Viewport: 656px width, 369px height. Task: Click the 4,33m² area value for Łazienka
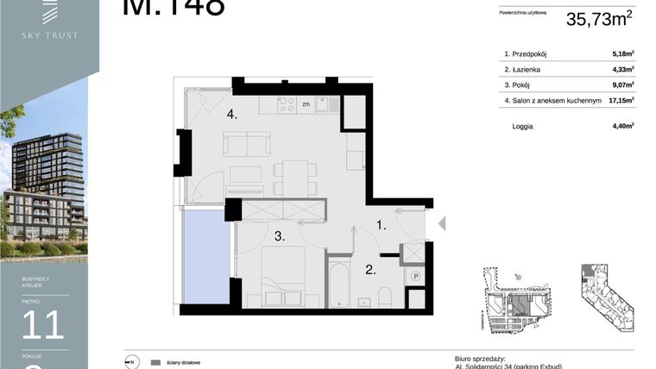point(622,70)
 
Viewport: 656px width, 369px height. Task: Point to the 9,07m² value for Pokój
point(622,85)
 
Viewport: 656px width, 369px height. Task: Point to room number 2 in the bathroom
point(370,270)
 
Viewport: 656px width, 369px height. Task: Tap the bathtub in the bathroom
point(339,281)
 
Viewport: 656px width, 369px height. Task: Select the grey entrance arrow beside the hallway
point(441,224)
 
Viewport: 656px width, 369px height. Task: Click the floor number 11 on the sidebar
point(42,324)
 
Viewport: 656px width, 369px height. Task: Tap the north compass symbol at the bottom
point(132,362)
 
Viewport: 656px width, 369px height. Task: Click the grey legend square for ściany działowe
point(155,362)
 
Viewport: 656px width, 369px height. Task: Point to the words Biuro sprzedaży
point(479,358)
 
